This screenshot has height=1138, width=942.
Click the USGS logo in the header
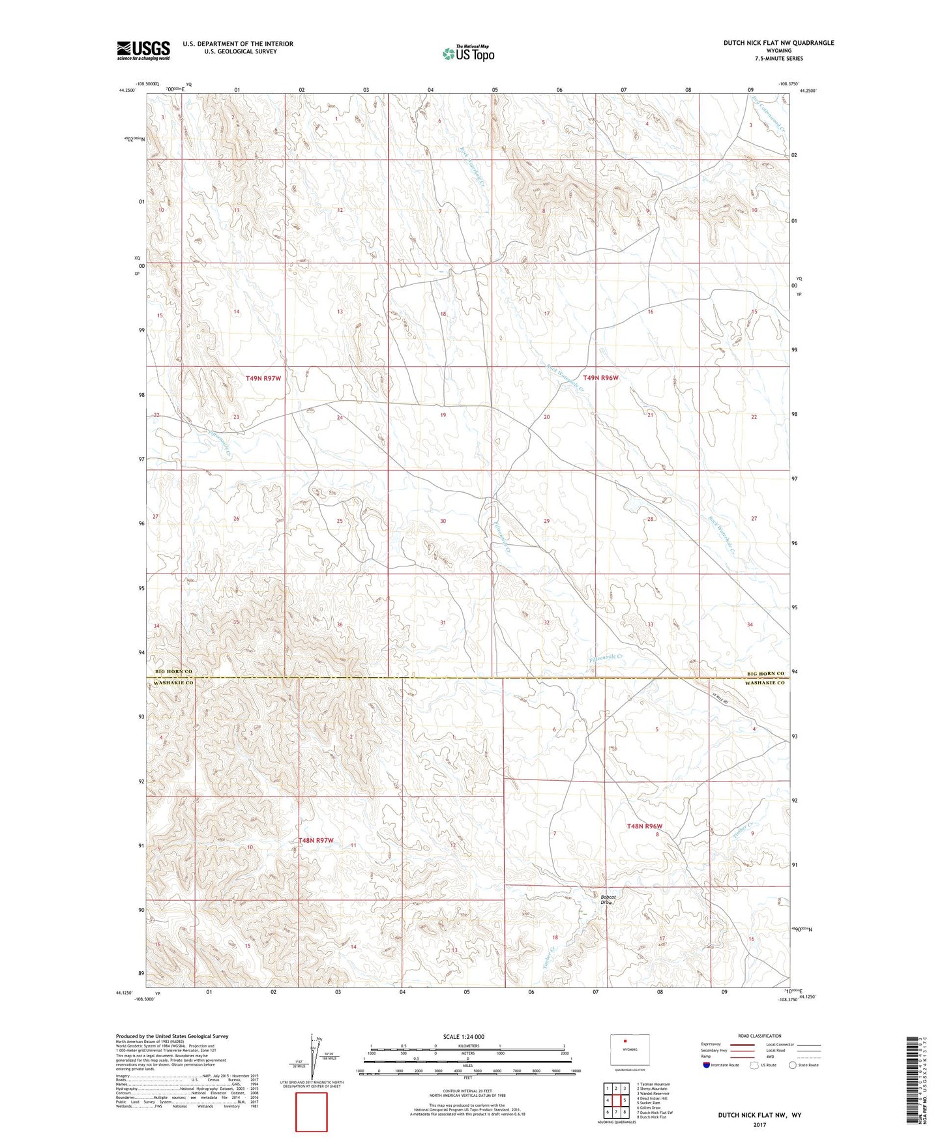tap(143, 50)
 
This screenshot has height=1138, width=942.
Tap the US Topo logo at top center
tap(468, 53)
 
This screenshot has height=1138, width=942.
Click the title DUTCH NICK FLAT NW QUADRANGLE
tap(778, 43)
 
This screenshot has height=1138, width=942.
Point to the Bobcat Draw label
tap(607, 899)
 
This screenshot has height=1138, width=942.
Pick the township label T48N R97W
tap(316, 840)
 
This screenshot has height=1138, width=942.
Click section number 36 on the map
tap(339, 624)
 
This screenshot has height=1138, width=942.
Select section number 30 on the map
tap(443, 521)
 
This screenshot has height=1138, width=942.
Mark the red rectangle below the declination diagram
tap(312, 1112)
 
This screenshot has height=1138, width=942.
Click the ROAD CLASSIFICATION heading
tap(759, 1036)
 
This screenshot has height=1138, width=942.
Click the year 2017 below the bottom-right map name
tap(759, 1124)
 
